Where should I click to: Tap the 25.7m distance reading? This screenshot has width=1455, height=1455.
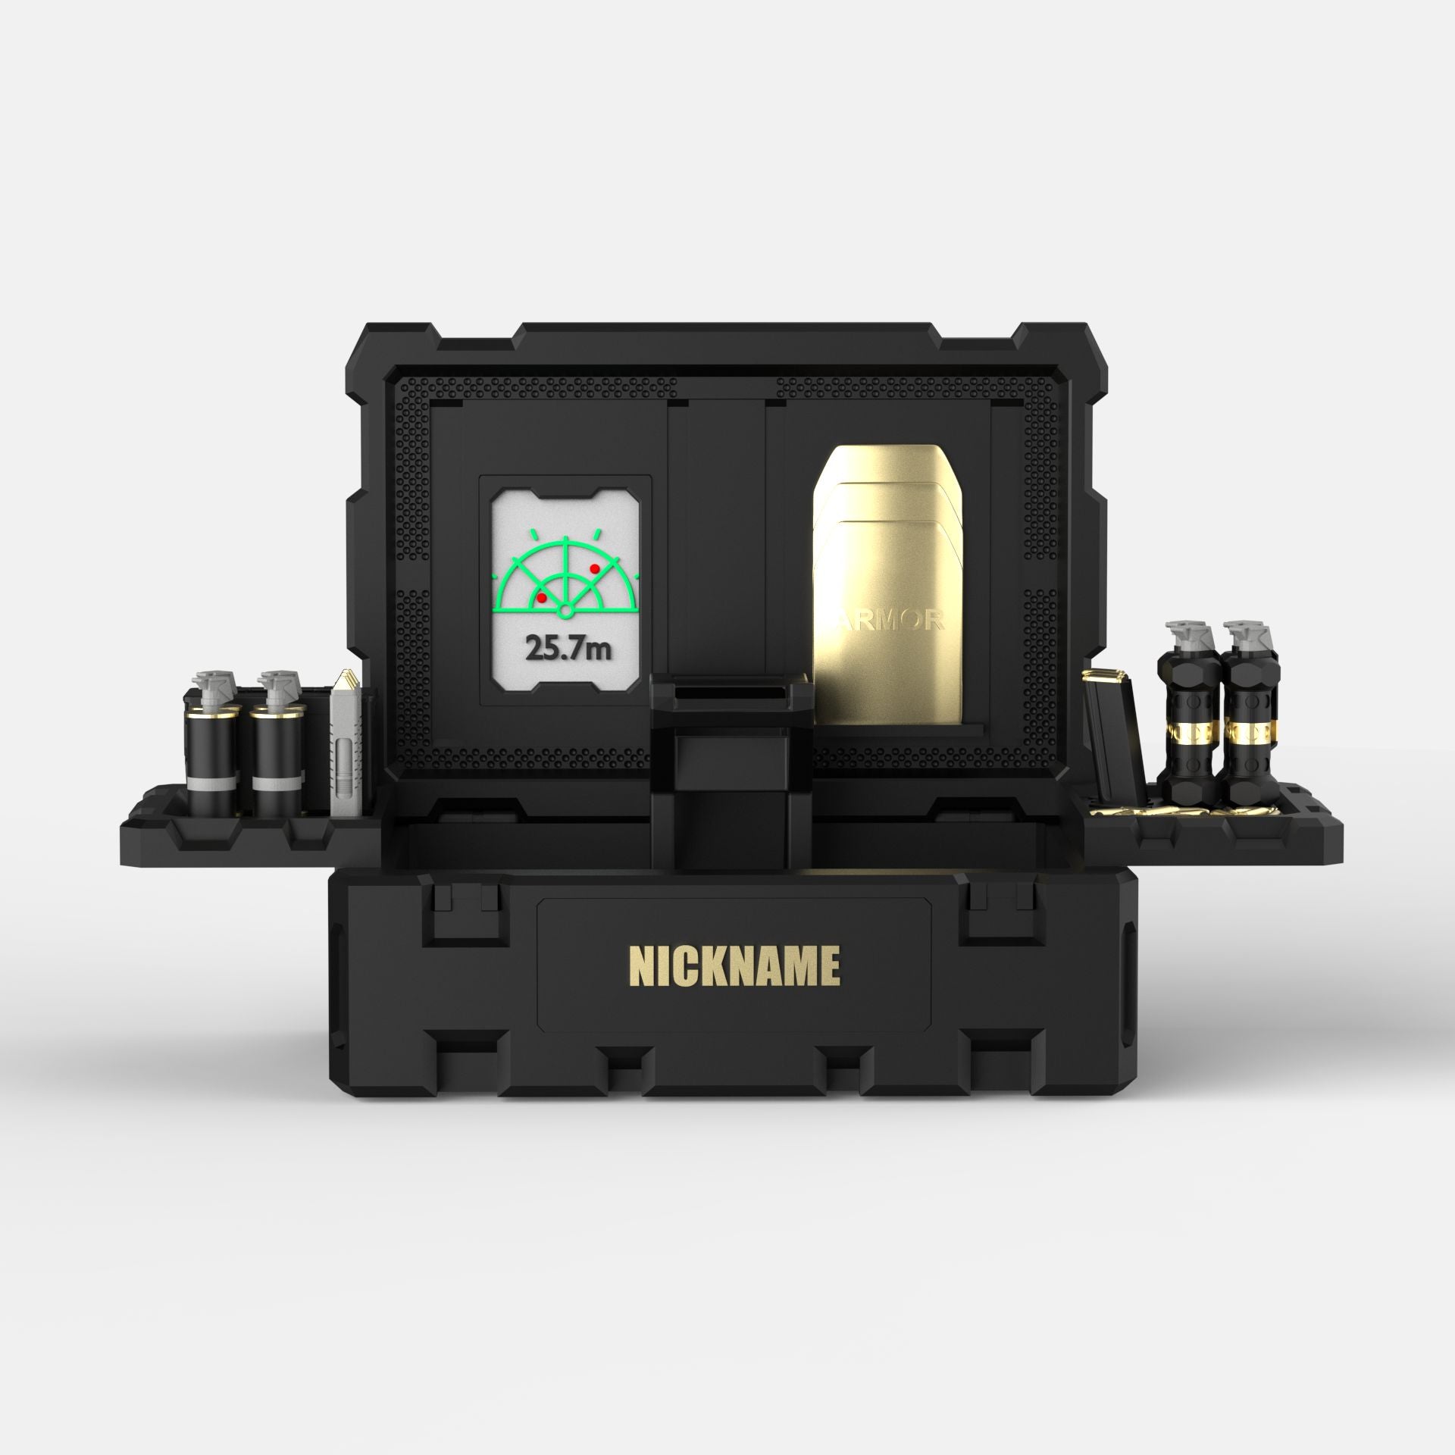pos(567,648)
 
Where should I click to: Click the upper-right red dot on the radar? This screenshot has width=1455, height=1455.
pos(594,568)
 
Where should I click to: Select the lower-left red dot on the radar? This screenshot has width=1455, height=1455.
pos(541,598)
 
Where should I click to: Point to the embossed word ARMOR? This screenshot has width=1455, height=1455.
pos(890,621)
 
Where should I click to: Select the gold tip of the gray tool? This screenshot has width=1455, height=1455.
pos(347,674)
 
